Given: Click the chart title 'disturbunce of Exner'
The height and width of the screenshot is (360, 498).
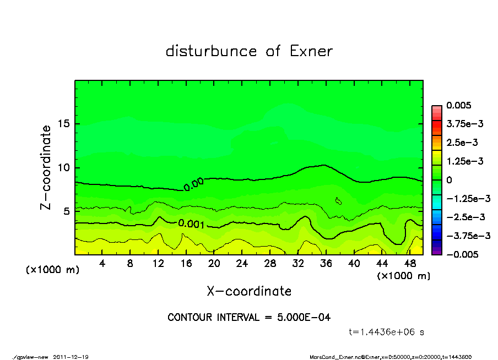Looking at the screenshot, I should click(249, 51).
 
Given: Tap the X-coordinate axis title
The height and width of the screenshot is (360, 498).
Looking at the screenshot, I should click(249, 291).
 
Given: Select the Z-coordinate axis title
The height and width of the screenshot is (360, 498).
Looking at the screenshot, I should click(46, 167).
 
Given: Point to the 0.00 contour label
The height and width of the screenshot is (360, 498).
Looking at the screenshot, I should click(193, 184).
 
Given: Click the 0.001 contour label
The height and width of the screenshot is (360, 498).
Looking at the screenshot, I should click(191, 224).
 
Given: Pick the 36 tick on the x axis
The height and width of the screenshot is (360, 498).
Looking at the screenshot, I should click(326, 264).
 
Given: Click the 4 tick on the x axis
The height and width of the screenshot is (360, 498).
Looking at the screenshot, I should click(102, 264).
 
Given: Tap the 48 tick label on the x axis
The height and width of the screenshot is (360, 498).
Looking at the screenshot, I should click(410, 264).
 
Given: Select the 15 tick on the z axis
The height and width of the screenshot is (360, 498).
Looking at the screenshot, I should click(64, 124).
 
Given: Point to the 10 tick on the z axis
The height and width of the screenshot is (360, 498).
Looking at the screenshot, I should click(64, 168).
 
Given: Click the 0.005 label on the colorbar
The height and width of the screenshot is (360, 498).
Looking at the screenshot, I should click(459, 105).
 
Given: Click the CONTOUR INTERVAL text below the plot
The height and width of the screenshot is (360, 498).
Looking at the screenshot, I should click(249, 318).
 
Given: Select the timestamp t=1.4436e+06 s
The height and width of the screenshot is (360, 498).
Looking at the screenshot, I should click(386, 332).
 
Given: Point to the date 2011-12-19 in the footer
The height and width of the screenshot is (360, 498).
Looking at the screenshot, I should click(71, 357).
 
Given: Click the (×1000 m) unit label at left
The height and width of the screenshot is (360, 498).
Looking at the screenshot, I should click(50, 270).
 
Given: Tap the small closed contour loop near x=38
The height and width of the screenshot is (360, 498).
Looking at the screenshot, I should click(338, 201).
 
